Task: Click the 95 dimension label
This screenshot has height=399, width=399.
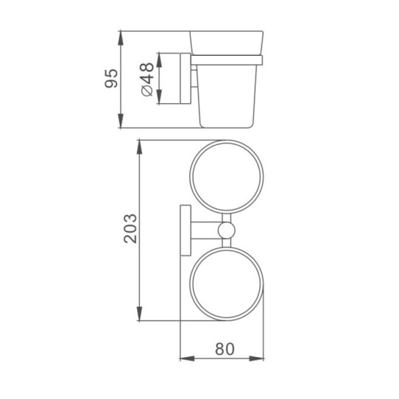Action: tap(112, 78)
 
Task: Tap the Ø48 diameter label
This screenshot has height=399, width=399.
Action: tap(148, 79)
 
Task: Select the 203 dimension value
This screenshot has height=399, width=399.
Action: tap(130, 229)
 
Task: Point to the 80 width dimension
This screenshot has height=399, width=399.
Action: tap(225, 349)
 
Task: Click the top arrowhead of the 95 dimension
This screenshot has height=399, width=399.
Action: tap(120, 38)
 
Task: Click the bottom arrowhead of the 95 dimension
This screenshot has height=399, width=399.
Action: tap(120, 120)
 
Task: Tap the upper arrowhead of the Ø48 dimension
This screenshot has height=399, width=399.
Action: tap(159, 60)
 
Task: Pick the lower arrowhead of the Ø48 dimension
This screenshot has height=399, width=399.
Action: tap(159, 96)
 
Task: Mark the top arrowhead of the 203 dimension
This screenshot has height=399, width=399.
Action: tap(139, 147)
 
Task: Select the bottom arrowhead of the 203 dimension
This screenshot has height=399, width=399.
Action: tap(139, 314)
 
